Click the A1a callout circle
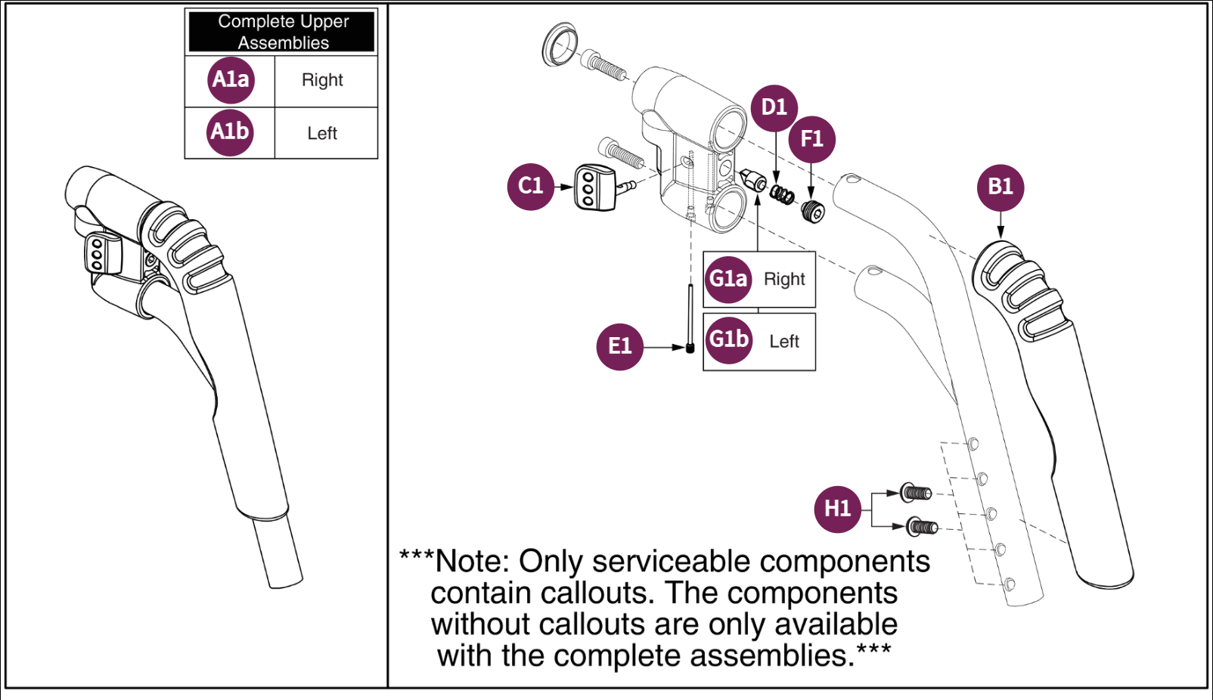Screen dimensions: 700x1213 231,79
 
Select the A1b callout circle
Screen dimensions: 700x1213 230,132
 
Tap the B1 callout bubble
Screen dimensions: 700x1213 1000,187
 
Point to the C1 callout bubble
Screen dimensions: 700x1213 530,186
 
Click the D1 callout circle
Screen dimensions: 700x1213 774,107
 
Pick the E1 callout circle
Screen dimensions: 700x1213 619,346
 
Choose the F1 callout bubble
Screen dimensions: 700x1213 811,139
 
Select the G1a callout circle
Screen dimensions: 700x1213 727,280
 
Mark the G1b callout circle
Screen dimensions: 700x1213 728,340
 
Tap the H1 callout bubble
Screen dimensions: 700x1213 837,509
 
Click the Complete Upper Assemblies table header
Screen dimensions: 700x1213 282,32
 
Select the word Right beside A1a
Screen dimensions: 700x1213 322,80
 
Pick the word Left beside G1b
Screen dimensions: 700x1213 784,342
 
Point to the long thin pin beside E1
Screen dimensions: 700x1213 690,317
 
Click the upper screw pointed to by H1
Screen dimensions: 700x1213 916,493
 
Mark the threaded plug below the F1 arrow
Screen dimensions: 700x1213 813,212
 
